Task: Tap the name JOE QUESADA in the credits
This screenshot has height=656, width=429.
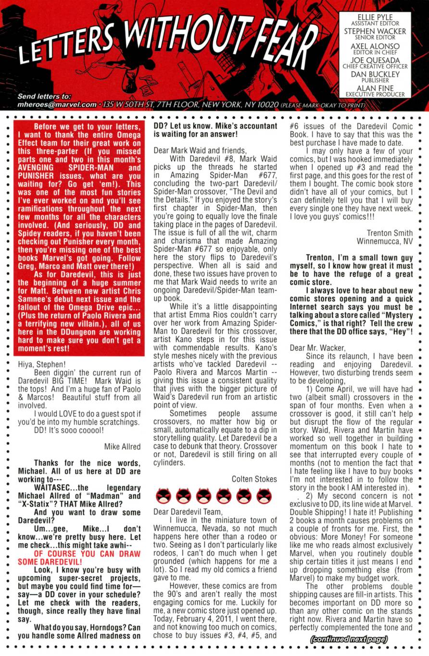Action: (x=375, y=61)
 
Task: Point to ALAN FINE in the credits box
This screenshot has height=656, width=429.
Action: (x=375, y=88)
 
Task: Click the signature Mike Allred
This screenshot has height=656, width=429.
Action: (x=122, y=446)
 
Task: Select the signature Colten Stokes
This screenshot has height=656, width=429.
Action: (x=254, y=479)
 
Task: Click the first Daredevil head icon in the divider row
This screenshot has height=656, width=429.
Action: (x=164, y=496)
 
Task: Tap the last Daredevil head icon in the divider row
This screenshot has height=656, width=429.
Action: (x=264, y=496)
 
